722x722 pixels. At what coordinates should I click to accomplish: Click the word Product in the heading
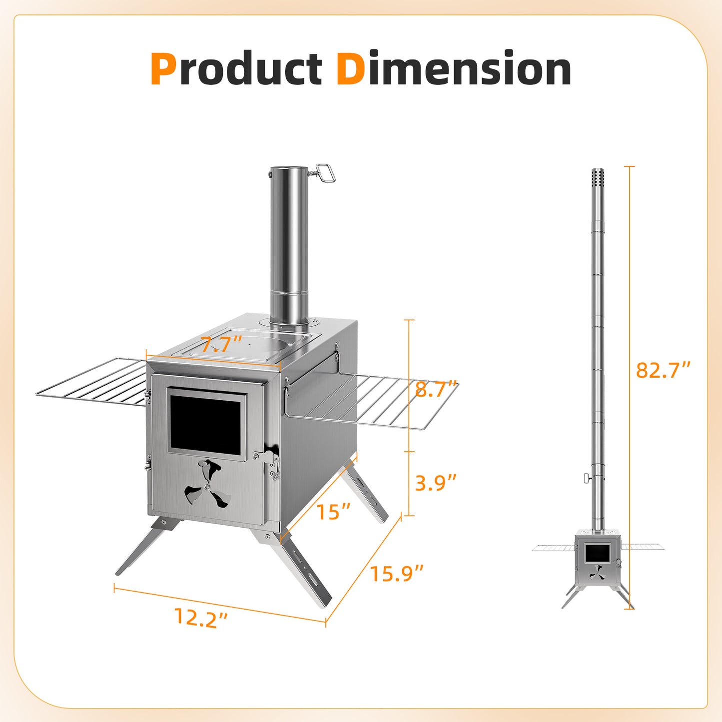pyautogui.click(x=236, y=68)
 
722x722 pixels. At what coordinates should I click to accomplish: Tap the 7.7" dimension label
pyautogui.click(x=221, y=344)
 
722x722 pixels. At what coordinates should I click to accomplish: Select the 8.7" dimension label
pyautogui.click(x=436, y=389)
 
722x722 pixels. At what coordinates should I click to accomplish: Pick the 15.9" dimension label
pyautogui.click(x=397, y=573)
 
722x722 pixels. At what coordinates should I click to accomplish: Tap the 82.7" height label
pyautogui.click(x=663, y=370)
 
